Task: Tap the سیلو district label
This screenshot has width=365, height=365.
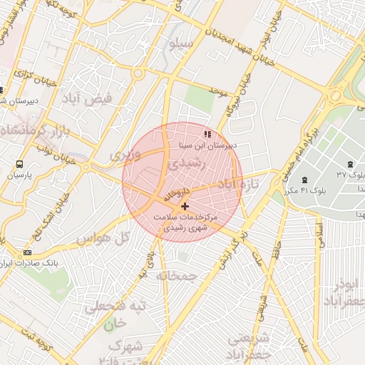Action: click(x=180, y=44)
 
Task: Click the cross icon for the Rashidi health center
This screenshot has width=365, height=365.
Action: click(x=185, y=205)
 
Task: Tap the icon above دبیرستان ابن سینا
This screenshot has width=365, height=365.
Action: click(x=207, y=133)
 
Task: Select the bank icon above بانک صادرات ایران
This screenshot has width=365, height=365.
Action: click(x=28, y=252)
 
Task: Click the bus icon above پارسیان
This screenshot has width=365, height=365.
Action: click(x=19, y=163)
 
